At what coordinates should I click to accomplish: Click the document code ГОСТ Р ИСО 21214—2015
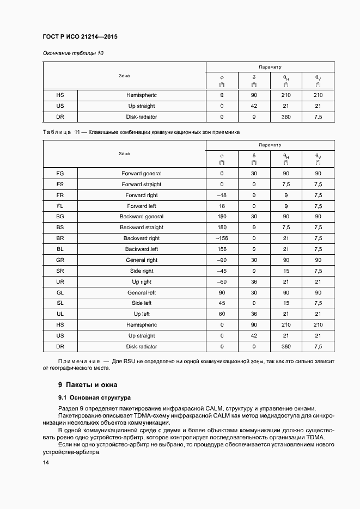click(x=80, y=37)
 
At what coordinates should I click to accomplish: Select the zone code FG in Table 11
click(x=60, y=174)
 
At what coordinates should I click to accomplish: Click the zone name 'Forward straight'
click(x=141, y=185)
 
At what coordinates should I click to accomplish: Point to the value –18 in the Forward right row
click(x=222, y=195)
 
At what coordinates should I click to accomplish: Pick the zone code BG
click(x=60, y=217)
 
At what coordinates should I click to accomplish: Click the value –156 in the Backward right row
click(x=222, y=238)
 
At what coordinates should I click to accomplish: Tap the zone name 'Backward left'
click(x=141, y=249)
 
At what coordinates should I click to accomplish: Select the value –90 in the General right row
click(x=222, y=260)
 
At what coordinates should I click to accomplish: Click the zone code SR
click(x=60, y=271)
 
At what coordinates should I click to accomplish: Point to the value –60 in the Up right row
click(x=222, y=281)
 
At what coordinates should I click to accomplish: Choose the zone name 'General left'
click(x=141, y=292)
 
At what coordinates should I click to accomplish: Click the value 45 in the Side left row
click(x=222, y=303)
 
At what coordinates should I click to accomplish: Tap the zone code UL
click(x=60, y=314)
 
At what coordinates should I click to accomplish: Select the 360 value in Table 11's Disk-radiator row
click(x=286, y=346)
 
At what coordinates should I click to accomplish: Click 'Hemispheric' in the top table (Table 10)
click(x=141, y=95)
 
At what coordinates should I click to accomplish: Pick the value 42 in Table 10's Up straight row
click(x=254, y=106)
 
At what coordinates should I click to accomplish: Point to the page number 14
click(x=46, y=462)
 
